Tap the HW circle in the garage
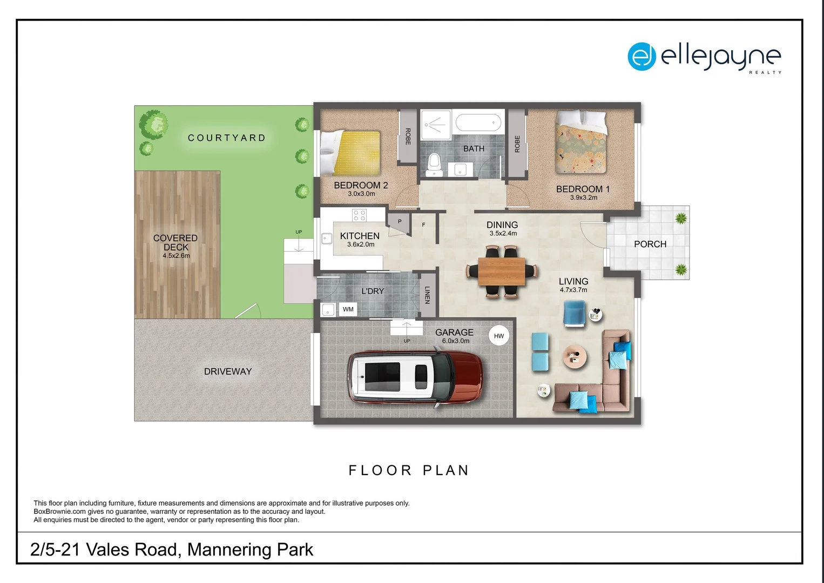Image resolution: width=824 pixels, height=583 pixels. (498, 336)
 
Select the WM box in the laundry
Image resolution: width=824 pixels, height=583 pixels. (348, 309)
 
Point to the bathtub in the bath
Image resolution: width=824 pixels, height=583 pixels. (478, 124)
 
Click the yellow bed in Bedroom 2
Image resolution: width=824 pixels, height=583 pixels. (351, 151)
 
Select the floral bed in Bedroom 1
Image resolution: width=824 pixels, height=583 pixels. (581, 142)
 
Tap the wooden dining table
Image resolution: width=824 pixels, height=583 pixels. (502, 272)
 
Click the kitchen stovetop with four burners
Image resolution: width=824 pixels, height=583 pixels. (359, 215)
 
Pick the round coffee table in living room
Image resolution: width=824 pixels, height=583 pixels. (575, 357)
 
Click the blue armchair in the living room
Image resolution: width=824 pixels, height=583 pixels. (574, 314)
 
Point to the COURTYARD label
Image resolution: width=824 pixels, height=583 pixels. (227, 138)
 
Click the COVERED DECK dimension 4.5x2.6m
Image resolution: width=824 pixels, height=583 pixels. (176, 256)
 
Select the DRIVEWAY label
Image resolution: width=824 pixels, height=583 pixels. (228, 371)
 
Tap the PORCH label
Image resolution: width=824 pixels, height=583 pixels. (650, 244)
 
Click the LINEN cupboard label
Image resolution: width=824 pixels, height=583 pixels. (427, 295)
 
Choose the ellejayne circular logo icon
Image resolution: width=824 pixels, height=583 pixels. (641, 56)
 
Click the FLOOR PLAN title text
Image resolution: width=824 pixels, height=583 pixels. (409, 470)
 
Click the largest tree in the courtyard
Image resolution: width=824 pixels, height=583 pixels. (153, 125)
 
